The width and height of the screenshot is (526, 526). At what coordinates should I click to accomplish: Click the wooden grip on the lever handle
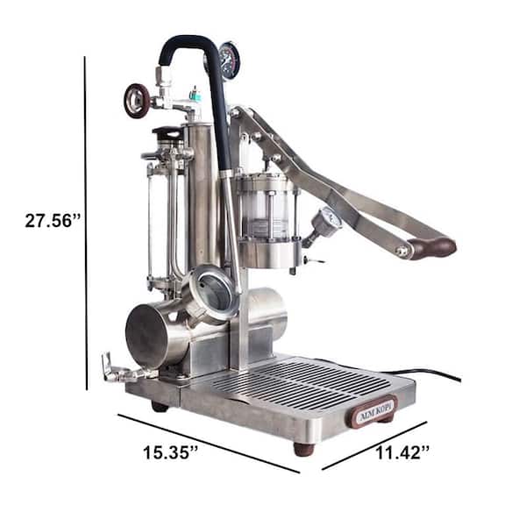433,247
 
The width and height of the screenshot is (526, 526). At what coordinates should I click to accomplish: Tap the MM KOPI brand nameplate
374,410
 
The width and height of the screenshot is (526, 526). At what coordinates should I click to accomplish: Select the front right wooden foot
304,449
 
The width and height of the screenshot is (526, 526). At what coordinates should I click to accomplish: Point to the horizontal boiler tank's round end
147,333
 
